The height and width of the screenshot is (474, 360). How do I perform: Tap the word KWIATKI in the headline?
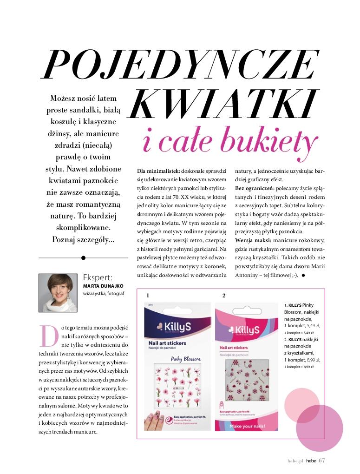click(222, 104)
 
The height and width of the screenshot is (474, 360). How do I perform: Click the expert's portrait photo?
click(58, 292)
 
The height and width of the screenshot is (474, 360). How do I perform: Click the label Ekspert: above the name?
click(97, 277)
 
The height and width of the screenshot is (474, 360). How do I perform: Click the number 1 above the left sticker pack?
click(148, 296)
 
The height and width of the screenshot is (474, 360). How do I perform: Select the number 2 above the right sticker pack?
click(224, 296)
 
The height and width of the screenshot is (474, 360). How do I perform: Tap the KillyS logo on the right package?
click(245, 331)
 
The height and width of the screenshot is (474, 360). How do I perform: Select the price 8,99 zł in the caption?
click(314, 360)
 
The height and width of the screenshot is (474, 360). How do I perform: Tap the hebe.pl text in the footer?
click(295, 461)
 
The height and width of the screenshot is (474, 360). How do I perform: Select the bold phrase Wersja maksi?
click(254, 240)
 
